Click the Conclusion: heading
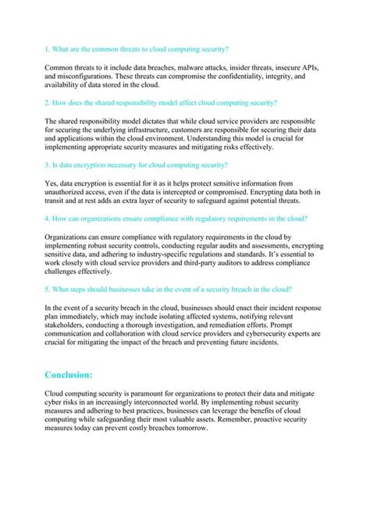(69, 374)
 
